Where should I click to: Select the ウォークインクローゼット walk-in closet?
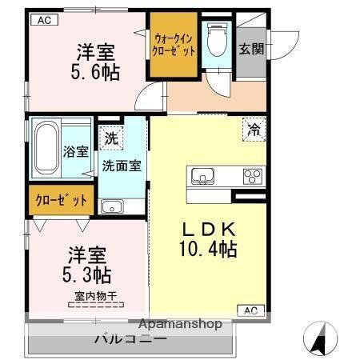pyautogui.click(x=173, y=44)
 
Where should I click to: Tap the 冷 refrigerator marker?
pyautogui.click(x=253, y=128)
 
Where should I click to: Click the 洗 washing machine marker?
pyautogui.click(x=110, y=138)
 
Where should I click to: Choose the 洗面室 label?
pyautogui.click(x=122, y=166)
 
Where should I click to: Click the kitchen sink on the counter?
pyautogui.click(x=202, y=175)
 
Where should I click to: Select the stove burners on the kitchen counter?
pyautogui.click(x=254, y=175)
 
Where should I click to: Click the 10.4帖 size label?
pyautogui.click(x=207, y=249)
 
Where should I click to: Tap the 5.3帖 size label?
pyautogui.click(x=88, y=275)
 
